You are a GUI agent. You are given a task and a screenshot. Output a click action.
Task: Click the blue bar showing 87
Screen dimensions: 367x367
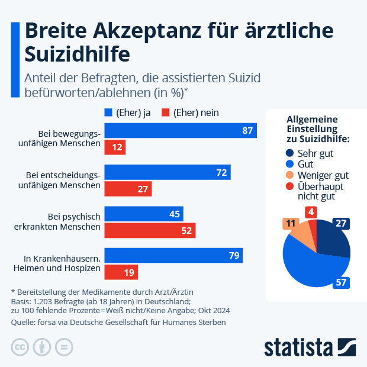[181, 131]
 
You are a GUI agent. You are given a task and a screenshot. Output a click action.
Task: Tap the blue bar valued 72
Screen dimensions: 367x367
[168, 172]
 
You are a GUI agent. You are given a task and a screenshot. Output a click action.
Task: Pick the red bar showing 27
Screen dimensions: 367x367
[128, 189]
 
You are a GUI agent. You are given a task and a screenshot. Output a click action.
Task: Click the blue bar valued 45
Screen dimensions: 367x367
[144, 214]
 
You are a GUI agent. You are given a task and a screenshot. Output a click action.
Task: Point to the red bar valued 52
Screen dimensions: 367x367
[150, 230]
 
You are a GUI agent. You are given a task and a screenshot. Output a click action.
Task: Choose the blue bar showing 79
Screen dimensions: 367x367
[173, 255]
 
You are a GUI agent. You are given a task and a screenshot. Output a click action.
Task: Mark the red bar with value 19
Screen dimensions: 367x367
[121, 272]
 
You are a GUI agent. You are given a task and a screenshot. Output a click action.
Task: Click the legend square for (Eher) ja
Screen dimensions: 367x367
[108, 112]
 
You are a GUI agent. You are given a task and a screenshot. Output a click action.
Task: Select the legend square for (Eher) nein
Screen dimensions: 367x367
[166, 112]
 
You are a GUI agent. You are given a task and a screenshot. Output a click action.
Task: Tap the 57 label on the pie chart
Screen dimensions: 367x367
[341, 282]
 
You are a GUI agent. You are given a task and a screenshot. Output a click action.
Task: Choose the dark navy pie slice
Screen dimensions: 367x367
[332, 239]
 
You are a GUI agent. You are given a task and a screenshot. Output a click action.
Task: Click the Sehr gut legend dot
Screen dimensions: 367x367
[289, 153]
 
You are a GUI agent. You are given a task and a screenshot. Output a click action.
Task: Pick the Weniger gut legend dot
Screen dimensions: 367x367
[289, 175]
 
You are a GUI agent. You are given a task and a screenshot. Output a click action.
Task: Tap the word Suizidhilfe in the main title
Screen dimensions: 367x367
[77, 54]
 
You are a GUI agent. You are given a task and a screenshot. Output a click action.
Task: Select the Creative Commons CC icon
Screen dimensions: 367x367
[20, 346]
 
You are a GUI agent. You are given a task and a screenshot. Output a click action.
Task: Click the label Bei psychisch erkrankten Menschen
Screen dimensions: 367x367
[70, 222]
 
